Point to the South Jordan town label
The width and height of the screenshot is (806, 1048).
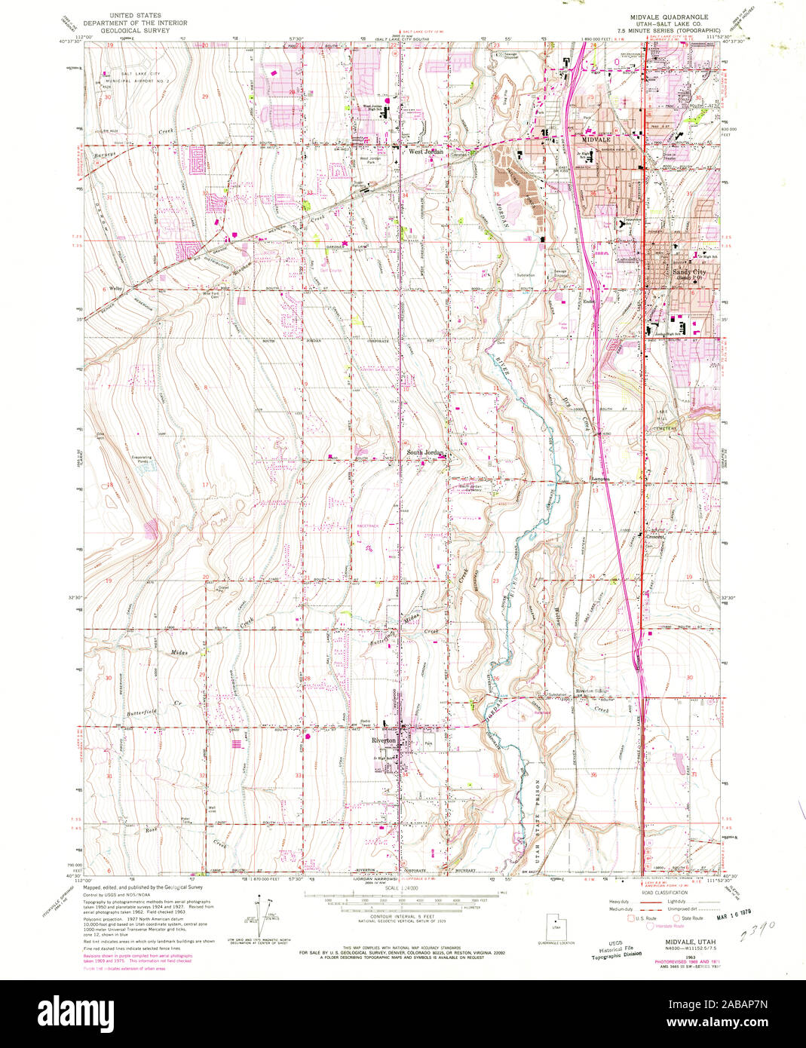coord(426,453)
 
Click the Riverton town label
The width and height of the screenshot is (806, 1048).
coord(384,740)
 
